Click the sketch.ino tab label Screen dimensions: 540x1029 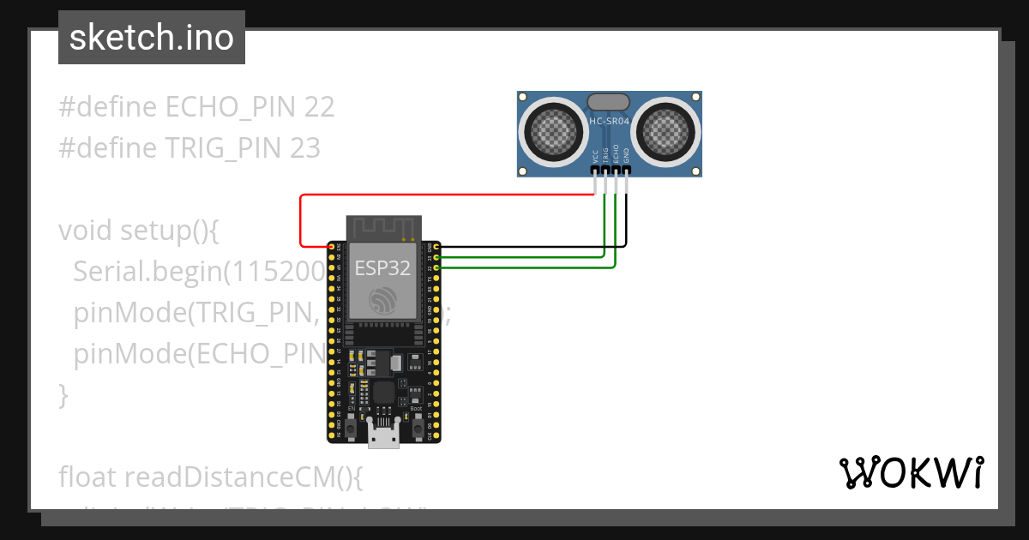[x=152, y=38]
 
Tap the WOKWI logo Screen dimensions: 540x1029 [x=911, y=472]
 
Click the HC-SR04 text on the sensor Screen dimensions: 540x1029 [x=610, y=122]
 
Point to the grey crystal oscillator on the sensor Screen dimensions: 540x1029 [x=610, y=102]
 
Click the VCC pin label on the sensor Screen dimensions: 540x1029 [x=595, y=155]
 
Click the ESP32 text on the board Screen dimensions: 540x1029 [x=383, y=267]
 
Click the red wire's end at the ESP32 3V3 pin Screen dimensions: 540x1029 [x=331, y=247]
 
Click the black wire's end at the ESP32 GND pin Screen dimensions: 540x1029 [x=438, y=247]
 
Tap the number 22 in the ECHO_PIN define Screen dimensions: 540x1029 [x=319, y=107]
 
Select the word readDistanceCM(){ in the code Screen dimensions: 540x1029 [x=244, y=477]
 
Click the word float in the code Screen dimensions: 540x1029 [x=88, y=477]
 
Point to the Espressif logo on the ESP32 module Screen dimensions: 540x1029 [x=383, y=299]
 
